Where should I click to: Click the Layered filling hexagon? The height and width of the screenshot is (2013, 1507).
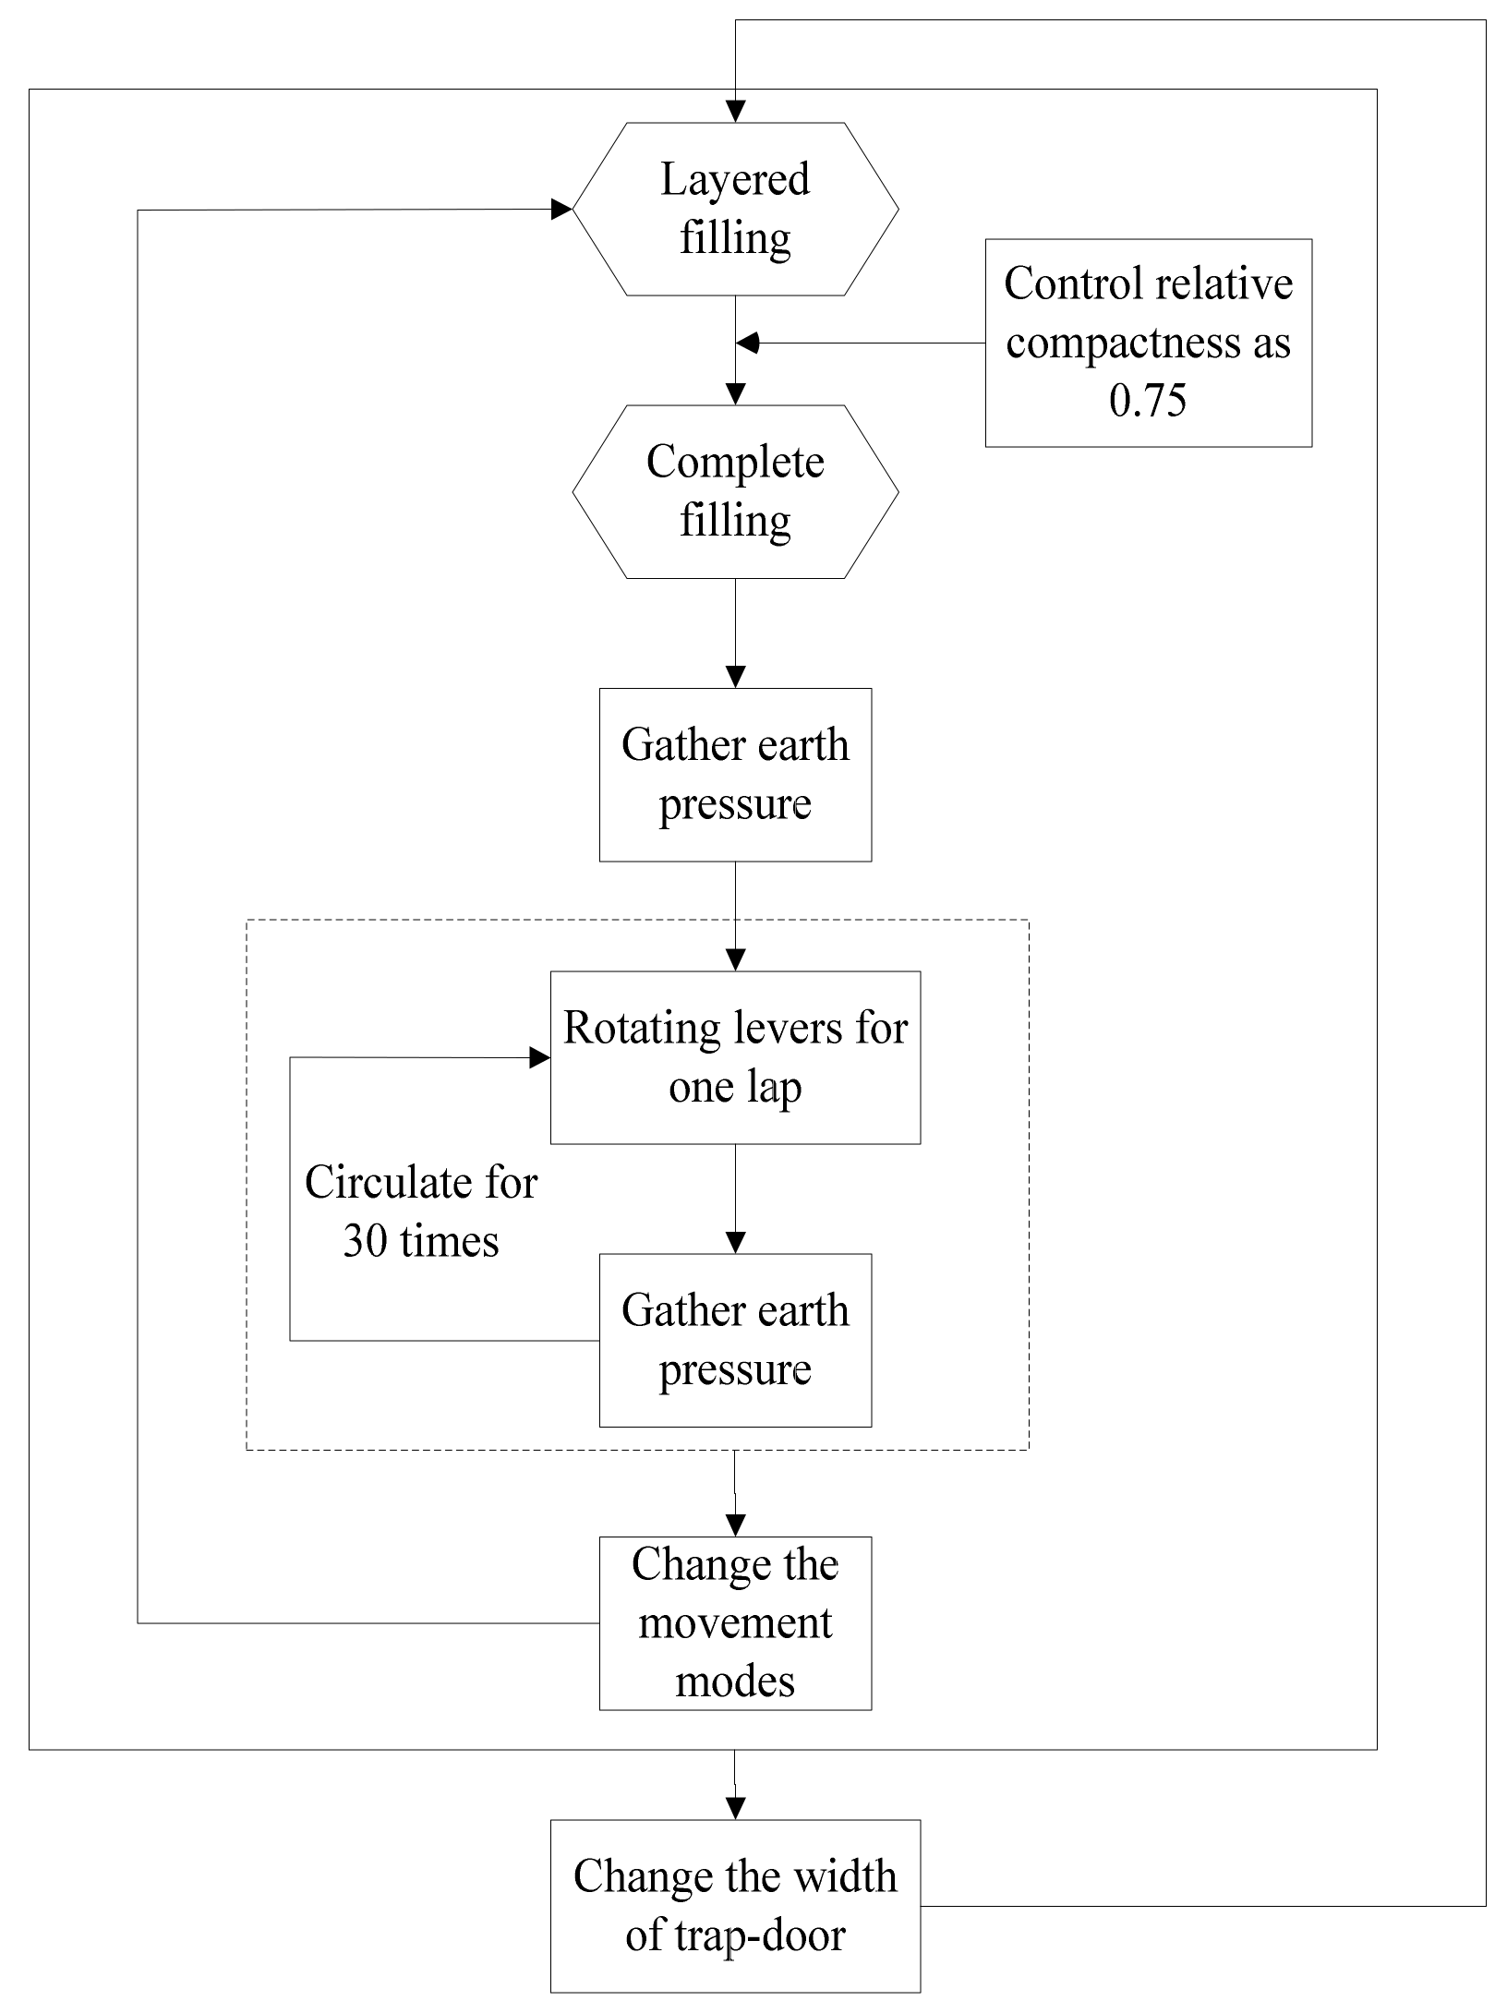(x=735, y=209)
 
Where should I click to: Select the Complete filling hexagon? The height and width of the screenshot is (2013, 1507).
(x=735, y=491)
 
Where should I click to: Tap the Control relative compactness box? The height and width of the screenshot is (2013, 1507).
(x=1148, y=343)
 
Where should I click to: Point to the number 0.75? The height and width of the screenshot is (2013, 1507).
(x=1148, y=401)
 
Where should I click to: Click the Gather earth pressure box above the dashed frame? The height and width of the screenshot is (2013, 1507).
(x=735, y=775)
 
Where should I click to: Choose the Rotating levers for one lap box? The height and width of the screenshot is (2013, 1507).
(x=735, y=1057)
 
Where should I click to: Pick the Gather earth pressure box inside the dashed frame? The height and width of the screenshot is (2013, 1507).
(x=735, y=1340)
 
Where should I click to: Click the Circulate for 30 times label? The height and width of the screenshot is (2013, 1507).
(x=421, y=1211)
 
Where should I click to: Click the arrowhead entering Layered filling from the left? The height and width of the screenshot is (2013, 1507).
(x=561, y=209)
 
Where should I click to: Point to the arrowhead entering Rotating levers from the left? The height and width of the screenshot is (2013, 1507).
(x=539, y=1057)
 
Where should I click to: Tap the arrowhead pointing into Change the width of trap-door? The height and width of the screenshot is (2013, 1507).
(x=735, y=1808)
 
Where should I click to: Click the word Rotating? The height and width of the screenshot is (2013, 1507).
(x=616, y=1029)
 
